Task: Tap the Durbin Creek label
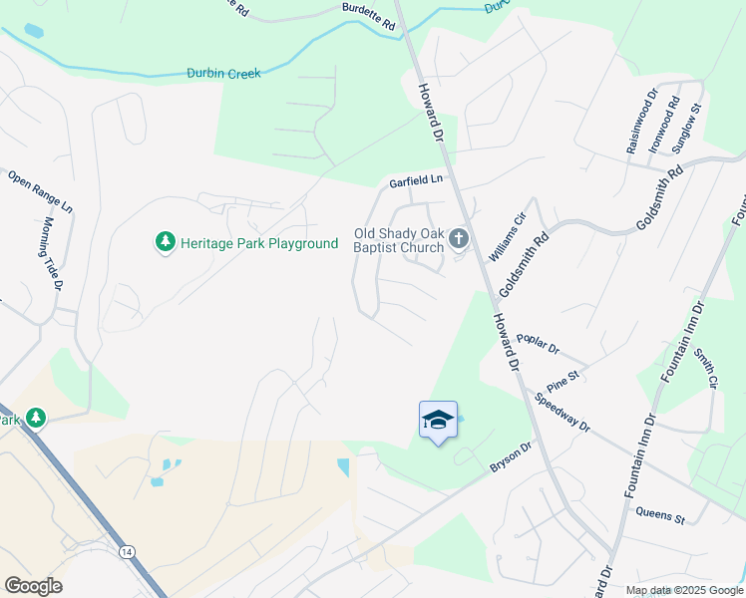(x=223, y=73)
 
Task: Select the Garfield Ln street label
(x=415, y=180)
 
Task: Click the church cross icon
(x=459, y=237)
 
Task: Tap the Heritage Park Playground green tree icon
(x=166, y=242)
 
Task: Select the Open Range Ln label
(x=40, y=191)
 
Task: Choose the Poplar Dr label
(x=540, y=346)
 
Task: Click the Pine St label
(x=563, y=379)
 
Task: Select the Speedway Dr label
(x=562, y=413)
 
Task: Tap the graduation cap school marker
(x=438, y=422)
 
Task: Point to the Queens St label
(x=659, y=515)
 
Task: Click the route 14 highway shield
(x=127, y=551)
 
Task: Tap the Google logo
(x=34, y=585)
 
